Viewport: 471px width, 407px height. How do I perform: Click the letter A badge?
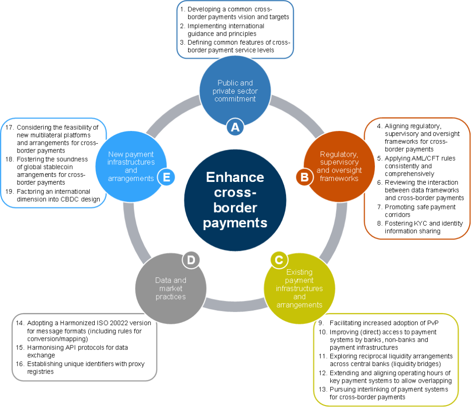coord(235,127)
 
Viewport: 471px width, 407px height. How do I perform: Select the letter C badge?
coord(279,260)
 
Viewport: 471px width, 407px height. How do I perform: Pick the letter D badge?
coord(191,260)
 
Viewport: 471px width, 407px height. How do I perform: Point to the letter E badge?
coord(167,177)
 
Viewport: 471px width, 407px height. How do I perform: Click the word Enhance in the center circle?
coord(235,177)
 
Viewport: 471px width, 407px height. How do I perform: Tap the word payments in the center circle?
coord(235,223)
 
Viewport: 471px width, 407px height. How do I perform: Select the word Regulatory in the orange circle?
coord(339,154)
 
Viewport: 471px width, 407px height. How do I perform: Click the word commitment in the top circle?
coord(235,99)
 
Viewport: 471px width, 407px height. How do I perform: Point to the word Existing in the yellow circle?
coord(299,272)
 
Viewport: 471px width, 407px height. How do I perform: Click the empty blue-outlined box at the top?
coord(235,29)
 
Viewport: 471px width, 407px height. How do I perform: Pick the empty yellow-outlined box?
coord(386,360)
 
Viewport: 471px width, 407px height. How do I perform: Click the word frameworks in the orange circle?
coord(339,179)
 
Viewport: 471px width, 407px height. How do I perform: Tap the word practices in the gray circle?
coord(171,297)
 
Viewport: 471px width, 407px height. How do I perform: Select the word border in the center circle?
coord(235,208)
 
